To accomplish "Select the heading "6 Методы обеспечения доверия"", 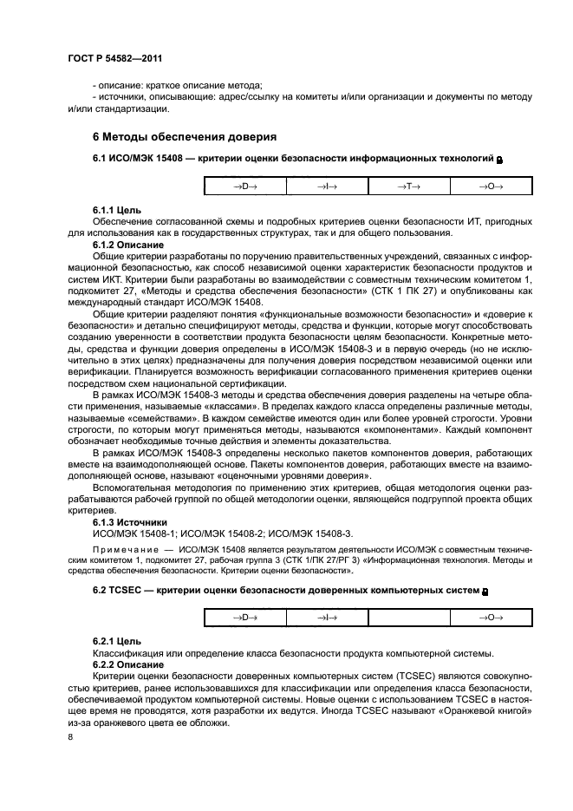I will tap(184, 137).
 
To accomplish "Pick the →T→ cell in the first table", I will tap(408, 186).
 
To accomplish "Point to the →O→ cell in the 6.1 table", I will tap(491, 186).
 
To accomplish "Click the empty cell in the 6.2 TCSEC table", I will tap(408, 617).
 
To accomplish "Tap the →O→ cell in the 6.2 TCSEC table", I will tap(491, 617).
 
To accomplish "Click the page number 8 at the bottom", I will tap(70, 737).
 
